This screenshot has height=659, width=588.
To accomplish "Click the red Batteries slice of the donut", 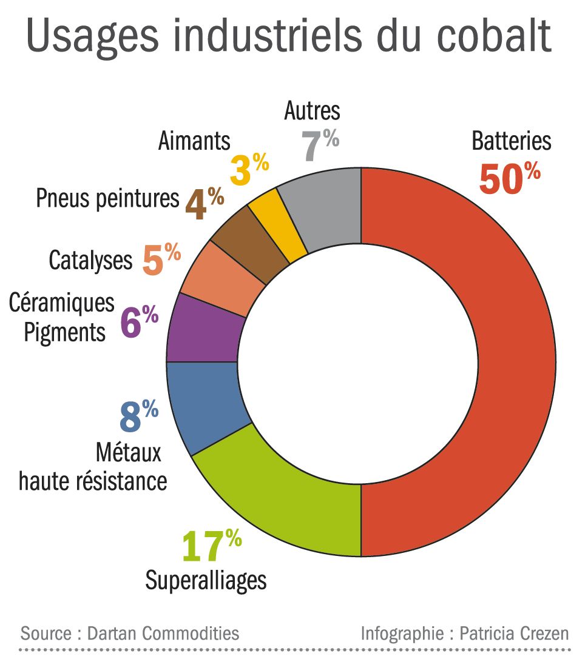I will click(x=516, y=364).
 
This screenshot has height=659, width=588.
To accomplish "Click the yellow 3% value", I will click(x=249, y=170).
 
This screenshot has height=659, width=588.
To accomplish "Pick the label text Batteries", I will click(x=512, y=141).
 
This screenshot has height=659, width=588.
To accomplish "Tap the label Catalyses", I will click(x=90, y=261).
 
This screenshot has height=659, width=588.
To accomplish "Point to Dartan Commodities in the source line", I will click(x=163, y=634).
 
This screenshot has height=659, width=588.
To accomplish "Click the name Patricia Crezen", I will click(x=515, y=634).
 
